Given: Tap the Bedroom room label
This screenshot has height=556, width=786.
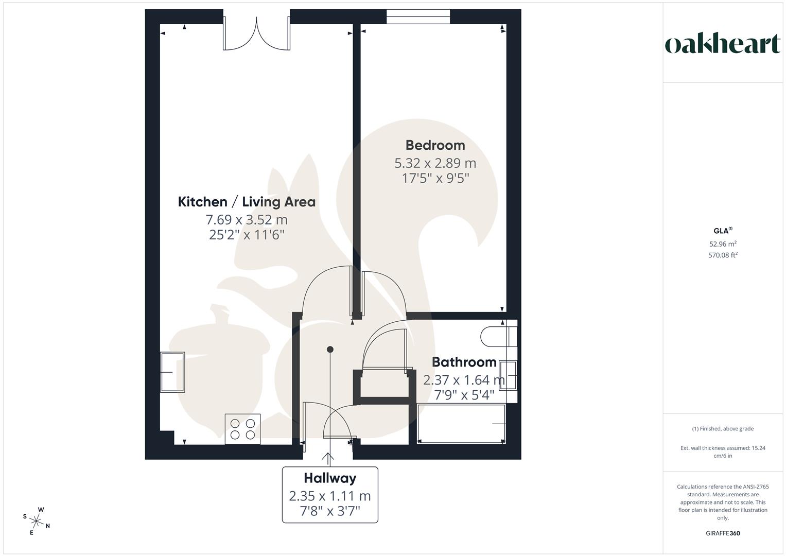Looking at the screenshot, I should pos(435,145).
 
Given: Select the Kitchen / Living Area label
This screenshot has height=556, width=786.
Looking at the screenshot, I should pos(247,202).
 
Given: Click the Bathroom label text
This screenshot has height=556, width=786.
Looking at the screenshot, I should pos(464,362).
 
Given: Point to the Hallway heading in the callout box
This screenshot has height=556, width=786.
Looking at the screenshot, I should pos(330,478).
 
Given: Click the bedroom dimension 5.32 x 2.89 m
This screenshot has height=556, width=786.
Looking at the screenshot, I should pos(435,163).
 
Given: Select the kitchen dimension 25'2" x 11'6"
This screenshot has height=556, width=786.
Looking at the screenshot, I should pos(247,235).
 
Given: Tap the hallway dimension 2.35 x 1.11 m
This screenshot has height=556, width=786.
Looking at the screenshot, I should pos(330,496).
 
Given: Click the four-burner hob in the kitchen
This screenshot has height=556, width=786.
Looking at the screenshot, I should pos(242,429).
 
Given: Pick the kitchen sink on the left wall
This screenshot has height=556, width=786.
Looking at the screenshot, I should pos(172,372).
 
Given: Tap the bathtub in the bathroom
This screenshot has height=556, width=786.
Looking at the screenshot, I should pos(461,424).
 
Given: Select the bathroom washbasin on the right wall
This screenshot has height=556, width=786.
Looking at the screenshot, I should pos(508,375).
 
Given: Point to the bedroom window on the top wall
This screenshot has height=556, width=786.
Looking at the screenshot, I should pos(418,17).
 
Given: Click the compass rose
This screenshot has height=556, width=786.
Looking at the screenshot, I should pos(37,521).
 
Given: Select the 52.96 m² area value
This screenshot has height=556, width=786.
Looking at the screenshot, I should pos(723,244).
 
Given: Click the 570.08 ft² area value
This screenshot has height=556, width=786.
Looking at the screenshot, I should pos(723,255).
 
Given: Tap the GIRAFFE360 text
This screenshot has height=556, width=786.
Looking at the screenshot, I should pos(723,533).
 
